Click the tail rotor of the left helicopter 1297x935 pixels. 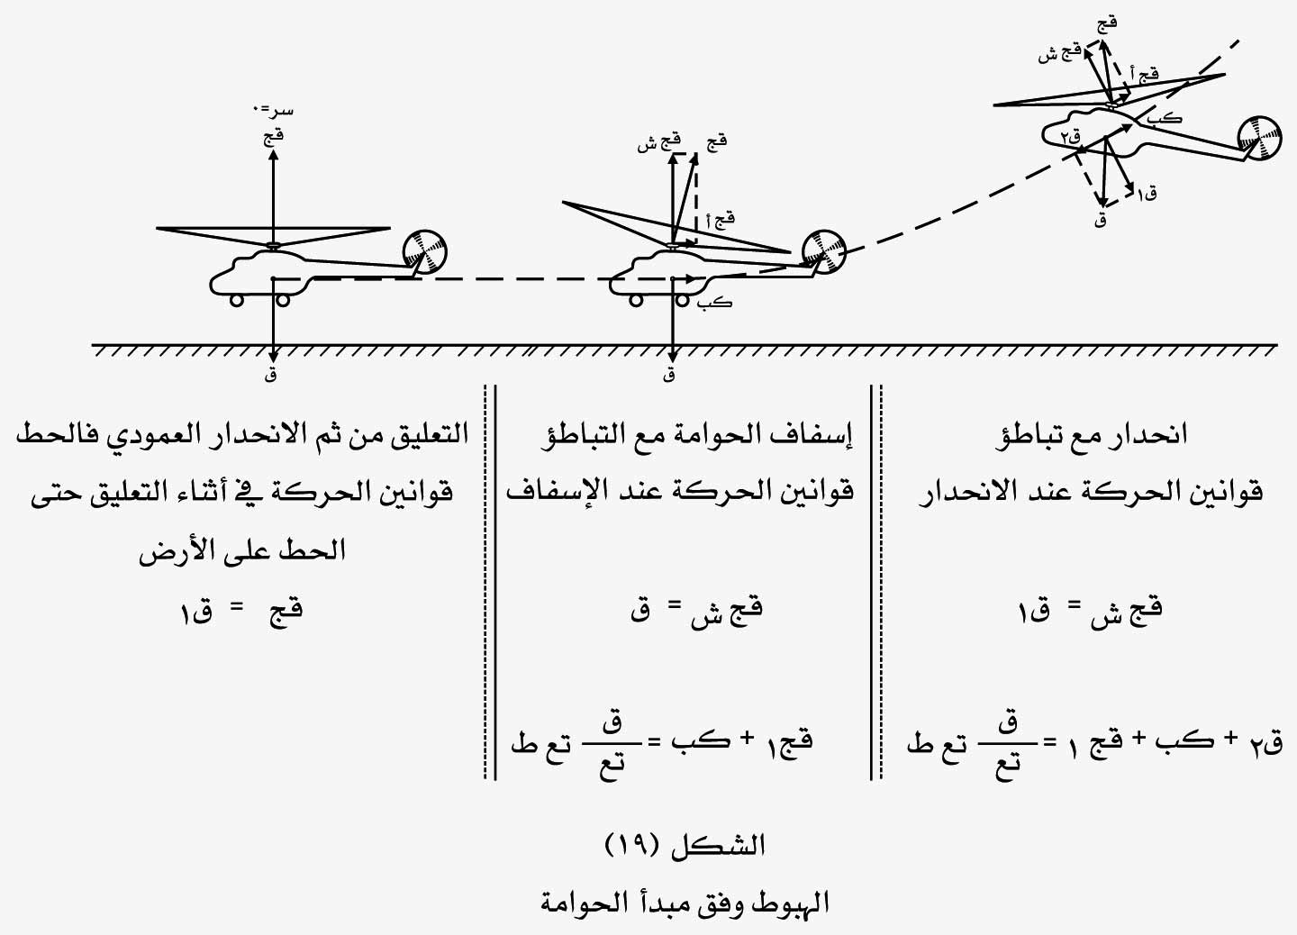(425, 252)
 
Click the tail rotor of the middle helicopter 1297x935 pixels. (824, 252)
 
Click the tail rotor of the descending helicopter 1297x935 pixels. (1259, 139)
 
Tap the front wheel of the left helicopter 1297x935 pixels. (237, 300)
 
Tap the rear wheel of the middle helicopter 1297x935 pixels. (683, 300)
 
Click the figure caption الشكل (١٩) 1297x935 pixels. (685, 846)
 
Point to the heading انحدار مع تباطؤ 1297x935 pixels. (1091, 435)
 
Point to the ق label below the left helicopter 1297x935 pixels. (270, 375)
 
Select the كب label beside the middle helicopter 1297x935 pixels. (716, 303)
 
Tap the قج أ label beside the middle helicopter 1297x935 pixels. (721, 221)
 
